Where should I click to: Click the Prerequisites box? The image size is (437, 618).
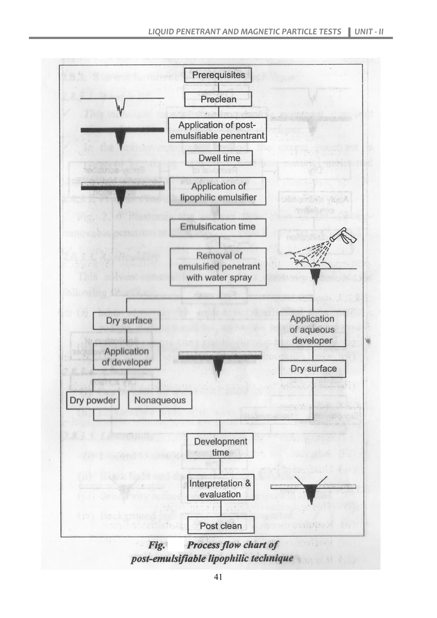point(218,75)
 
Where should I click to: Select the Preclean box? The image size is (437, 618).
point(218,99)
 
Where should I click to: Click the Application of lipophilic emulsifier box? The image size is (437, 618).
point(218,191)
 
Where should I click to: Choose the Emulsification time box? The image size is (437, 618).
point(218,227)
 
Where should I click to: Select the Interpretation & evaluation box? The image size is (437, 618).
point(220,489)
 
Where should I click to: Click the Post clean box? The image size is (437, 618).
point(221,526)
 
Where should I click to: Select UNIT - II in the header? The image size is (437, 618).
point(369,32)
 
